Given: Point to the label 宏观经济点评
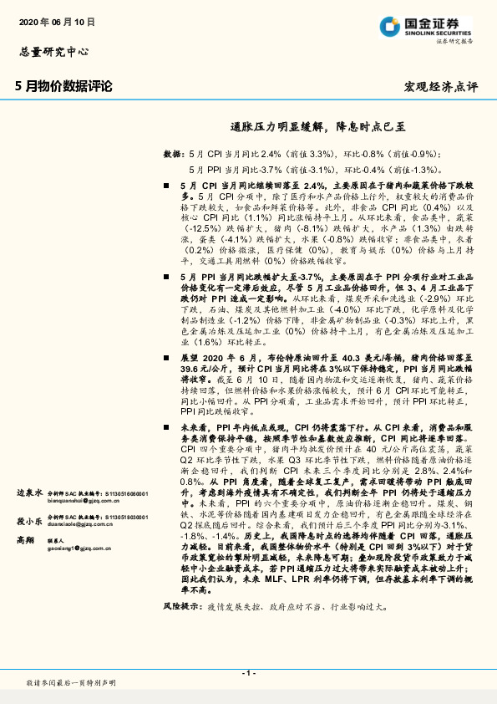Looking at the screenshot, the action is click(441, 86).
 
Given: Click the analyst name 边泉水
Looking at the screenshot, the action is click(29, 494).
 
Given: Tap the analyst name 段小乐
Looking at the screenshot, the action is click(29, 520).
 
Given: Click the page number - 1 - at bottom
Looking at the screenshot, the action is click(248, 673).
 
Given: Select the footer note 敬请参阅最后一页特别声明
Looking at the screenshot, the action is click(70, 682).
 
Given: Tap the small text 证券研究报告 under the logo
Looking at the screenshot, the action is click(454, 40).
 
